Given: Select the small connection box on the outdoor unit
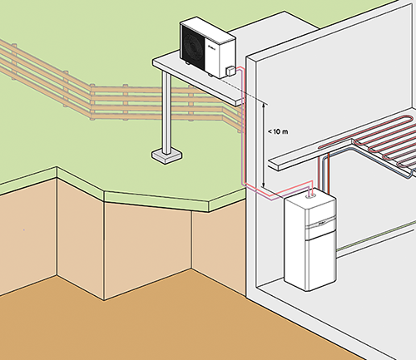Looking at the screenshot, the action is (x=230, y=71).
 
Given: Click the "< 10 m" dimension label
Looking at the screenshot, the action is (x=278, y=131).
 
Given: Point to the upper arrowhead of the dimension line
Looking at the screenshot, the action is (x=264, y=104).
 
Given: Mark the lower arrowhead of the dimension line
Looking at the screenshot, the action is (x=264, y=185).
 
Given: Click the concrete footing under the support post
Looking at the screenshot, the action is (x=166, y=156).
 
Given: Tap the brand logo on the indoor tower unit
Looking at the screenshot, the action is (x=323, y=224).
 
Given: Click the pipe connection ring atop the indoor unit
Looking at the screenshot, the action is (x=310, y=196).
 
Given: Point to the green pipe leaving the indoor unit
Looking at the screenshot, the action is (x=376, y=236).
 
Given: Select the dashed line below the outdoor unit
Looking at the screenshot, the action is (x=244, y=91).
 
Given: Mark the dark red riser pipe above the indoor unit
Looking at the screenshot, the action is (x=329, y=173).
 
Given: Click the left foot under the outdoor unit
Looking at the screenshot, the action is (x=188, y=62).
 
